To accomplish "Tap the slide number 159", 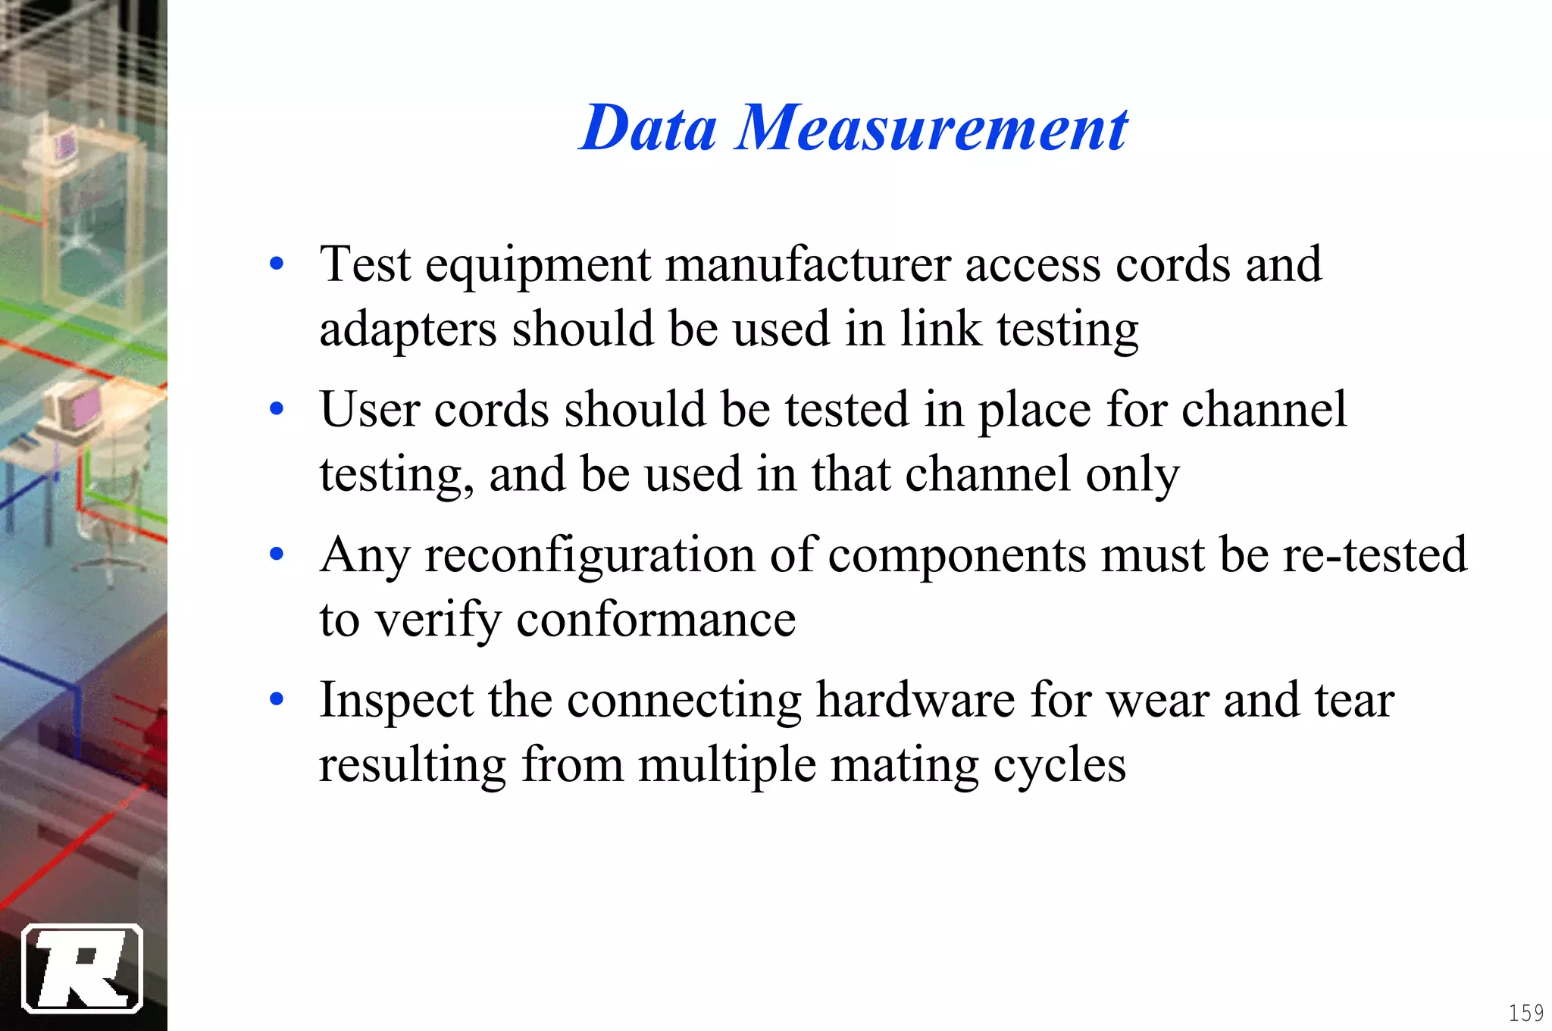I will pos(1525,1012).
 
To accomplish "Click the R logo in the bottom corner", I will pos(83,968).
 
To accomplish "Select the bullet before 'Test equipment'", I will pos(277,264).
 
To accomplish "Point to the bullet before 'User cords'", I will pos(277,410).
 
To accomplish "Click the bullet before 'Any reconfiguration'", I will pos(277,555).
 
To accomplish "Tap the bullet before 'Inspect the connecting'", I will pos(277,700).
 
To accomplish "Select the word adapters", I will pos(408,330).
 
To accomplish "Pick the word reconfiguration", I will pos(590,555).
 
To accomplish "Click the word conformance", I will pos(656,620).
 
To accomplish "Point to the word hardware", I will pos(915,700).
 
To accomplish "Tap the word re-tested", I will pos(1375,555).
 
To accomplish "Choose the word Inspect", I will pos(396,700).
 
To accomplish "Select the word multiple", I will pos(727,765).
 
